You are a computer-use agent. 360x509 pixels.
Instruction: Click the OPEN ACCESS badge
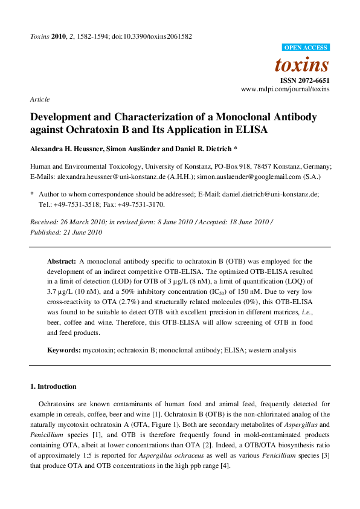click(306, 47)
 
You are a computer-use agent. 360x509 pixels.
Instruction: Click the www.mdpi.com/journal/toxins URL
click(285, 89)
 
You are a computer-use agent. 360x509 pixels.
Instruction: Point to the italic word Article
click(40, 99)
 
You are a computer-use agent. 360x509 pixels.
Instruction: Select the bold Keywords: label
click(64, 350)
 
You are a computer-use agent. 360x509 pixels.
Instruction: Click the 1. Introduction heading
click(53, 386)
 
